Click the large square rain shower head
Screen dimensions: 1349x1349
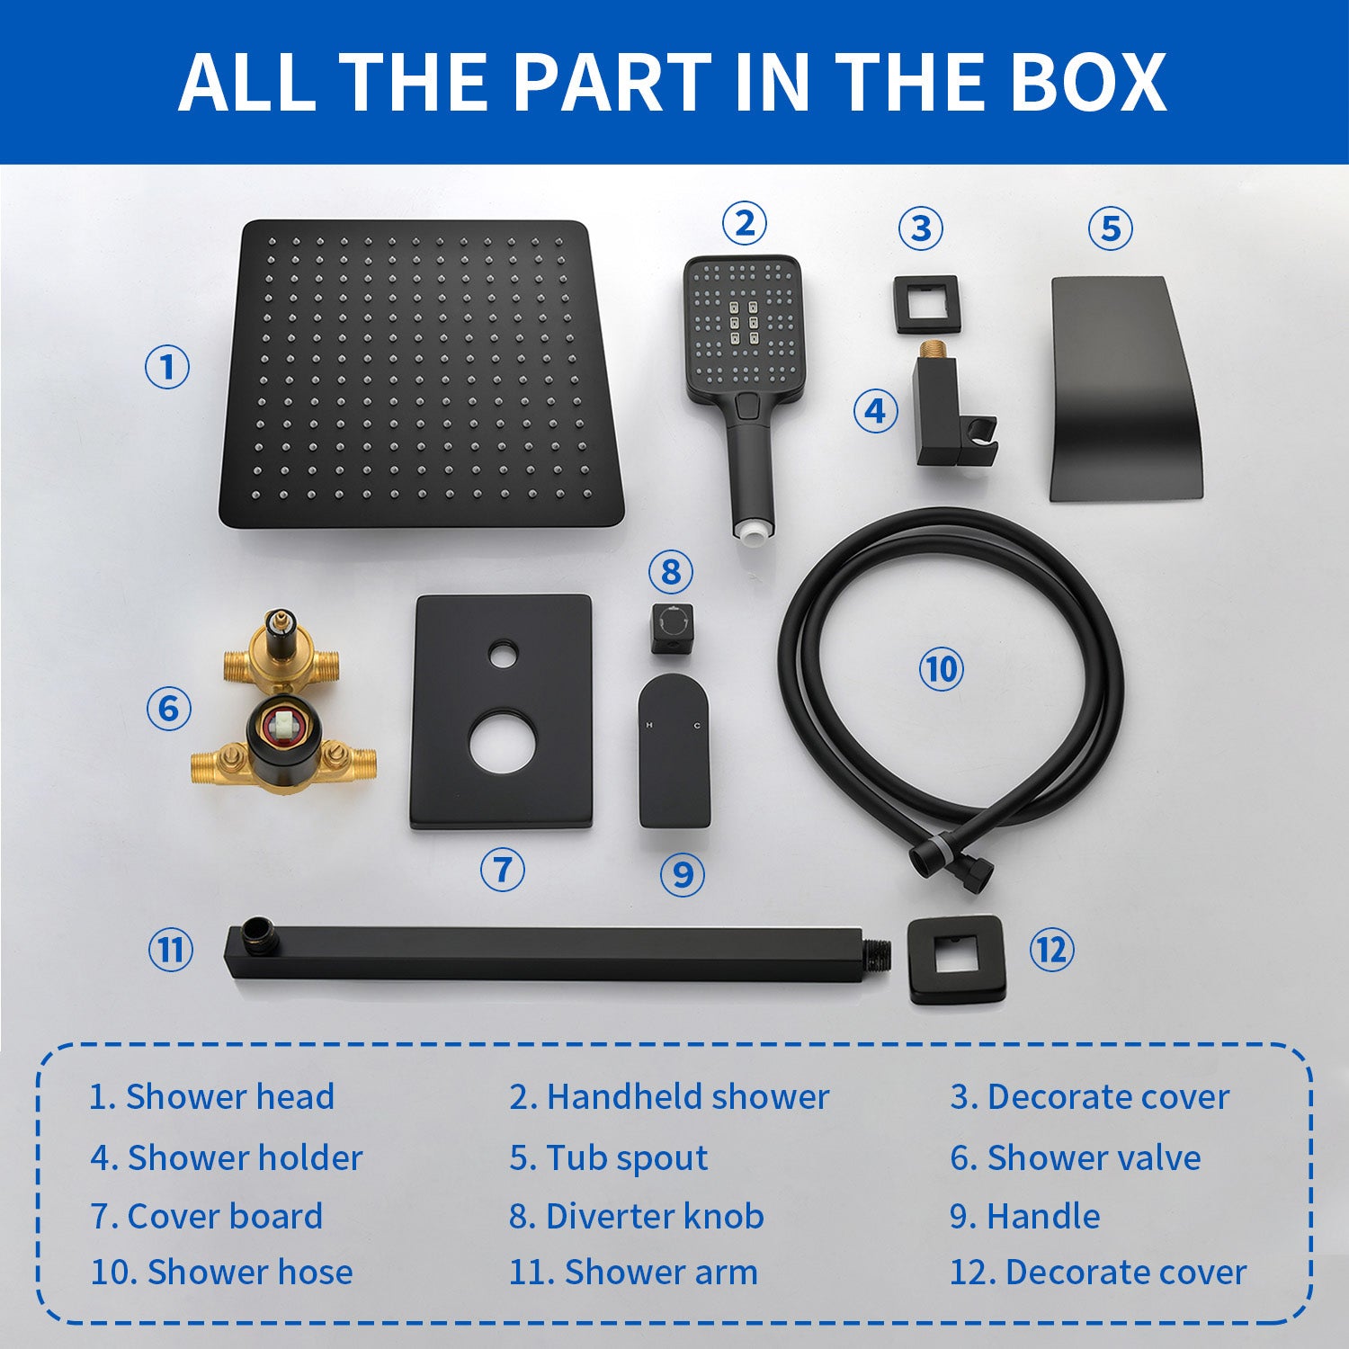pyautogui.click(x=421, y=374)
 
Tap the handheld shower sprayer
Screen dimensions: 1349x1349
pyautogui.click(x=744, y=396)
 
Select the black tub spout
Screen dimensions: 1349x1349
pyautogui.click(x=1126, y=389)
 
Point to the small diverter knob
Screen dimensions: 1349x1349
pyautogui.click(x=672, y=628)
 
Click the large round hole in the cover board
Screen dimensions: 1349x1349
pyautogui.click(x=501, y=742)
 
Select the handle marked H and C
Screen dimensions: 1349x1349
pyautogui.click(x=674, y=751)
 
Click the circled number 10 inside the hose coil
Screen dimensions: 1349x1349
pyautogui.click(x=941, y=669)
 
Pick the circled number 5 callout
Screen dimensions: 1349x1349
pyautogui.click(x=1111, y=228)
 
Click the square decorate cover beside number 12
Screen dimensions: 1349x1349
pyautogui.click(x=957, y=960)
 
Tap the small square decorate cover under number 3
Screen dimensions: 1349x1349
pyautogui.click(x=926, y=305)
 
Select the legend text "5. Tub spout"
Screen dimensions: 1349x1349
pyautogui.click(x=609, y=1158)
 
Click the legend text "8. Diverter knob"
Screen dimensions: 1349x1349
pyautogui.click(x=637, y=1216)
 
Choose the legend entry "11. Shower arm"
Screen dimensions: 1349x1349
pyautogui.click(x=633, y=1273)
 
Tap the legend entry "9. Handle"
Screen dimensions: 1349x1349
pyautogui.click(x=1025, y=1216)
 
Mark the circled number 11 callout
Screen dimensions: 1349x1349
pyautogui.click(x=170, y=950)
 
